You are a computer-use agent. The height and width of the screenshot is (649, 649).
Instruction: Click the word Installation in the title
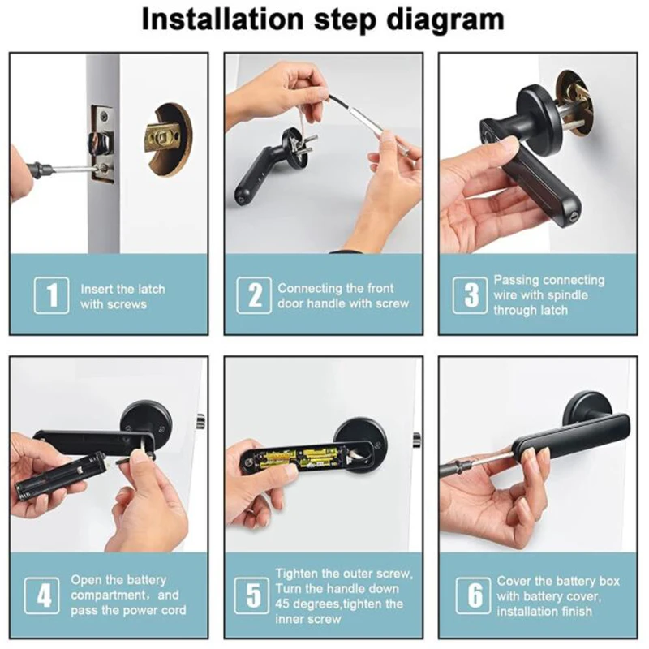pos(222,19)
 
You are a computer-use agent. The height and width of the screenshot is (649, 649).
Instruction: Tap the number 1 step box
pos(51,295)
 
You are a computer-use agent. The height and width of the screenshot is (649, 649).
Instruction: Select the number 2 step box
pos(254,295)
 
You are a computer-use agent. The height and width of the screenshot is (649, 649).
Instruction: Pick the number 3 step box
pos(471,295)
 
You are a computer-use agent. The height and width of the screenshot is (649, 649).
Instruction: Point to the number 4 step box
pos(42,595)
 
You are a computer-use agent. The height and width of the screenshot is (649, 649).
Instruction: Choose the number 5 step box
pos(251,595)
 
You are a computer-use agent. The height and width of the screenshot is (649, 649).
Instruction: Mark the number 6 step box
pos(474,595)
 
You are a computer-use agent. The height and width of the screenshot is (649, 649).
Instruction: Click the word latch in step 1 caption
pos(151,289)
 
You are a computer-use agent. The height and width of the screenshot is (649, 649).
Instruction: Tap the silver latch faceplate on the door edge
pos(103,143)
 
